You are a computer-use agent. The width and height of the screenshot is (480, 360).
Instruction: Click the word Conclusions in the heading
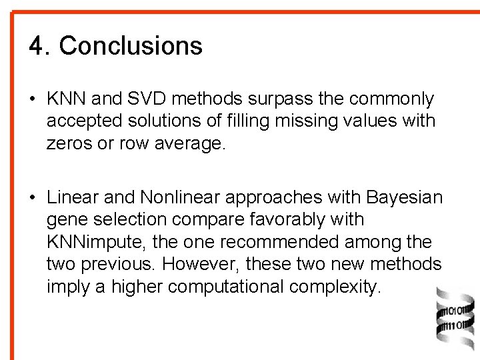pyautogui.click(x=131, y=46)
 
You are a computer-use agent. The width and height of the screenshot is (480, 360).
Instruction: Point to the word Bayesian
pyautogui.click(x=404, y=197)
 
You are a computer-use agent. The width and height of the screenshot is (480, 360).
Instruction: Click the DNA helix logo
pyautogui.click(x=454, y=321)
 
